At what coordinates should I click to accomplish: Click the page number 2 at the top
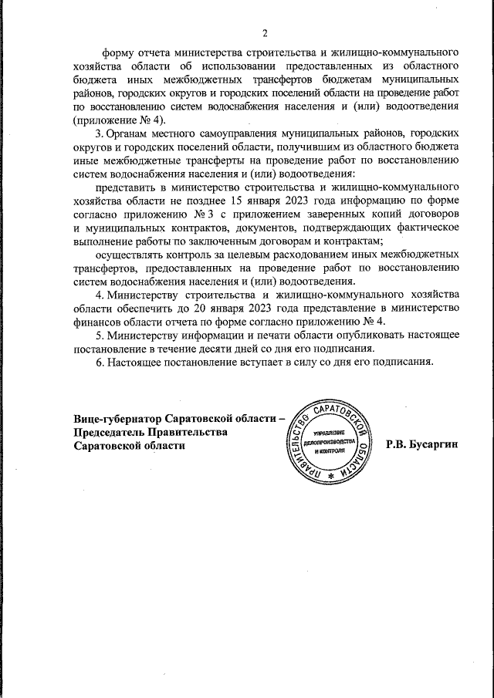tap(264, 33)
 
